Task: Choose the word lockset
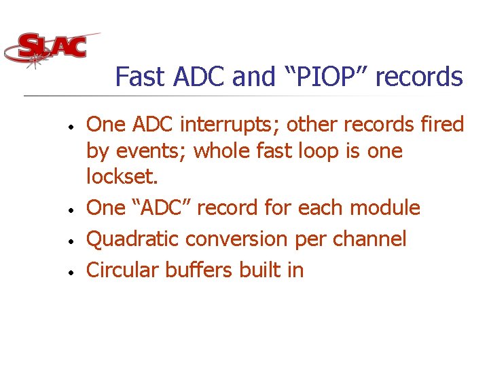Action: coord(122,177)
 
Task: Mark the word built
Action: coord(261,270)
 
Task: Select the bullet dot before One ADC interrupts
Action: coord(70,127)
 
